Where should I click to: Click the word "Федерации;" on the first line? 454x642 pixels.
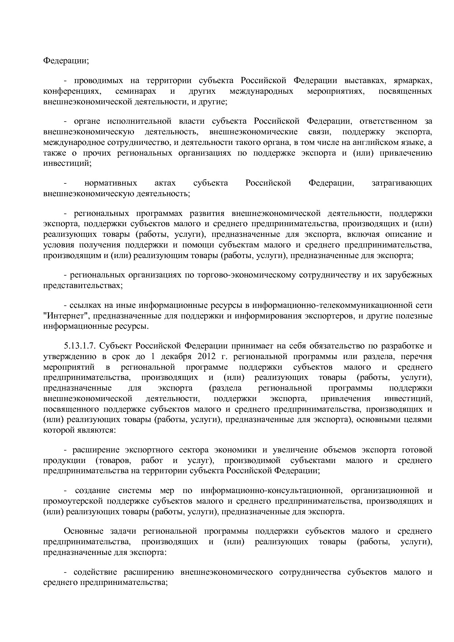point(66,60)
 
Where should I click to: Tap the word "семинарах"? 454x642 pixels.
point(136,91)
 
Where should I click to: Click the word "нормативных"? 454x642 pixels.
point(111,183)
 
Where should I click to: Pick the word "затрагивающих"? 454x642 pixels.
point(402,183)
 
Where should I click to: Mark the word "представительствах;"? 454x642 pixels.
point(83,285)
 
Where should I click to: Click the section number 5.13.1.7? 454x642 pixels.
point(80,346)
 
